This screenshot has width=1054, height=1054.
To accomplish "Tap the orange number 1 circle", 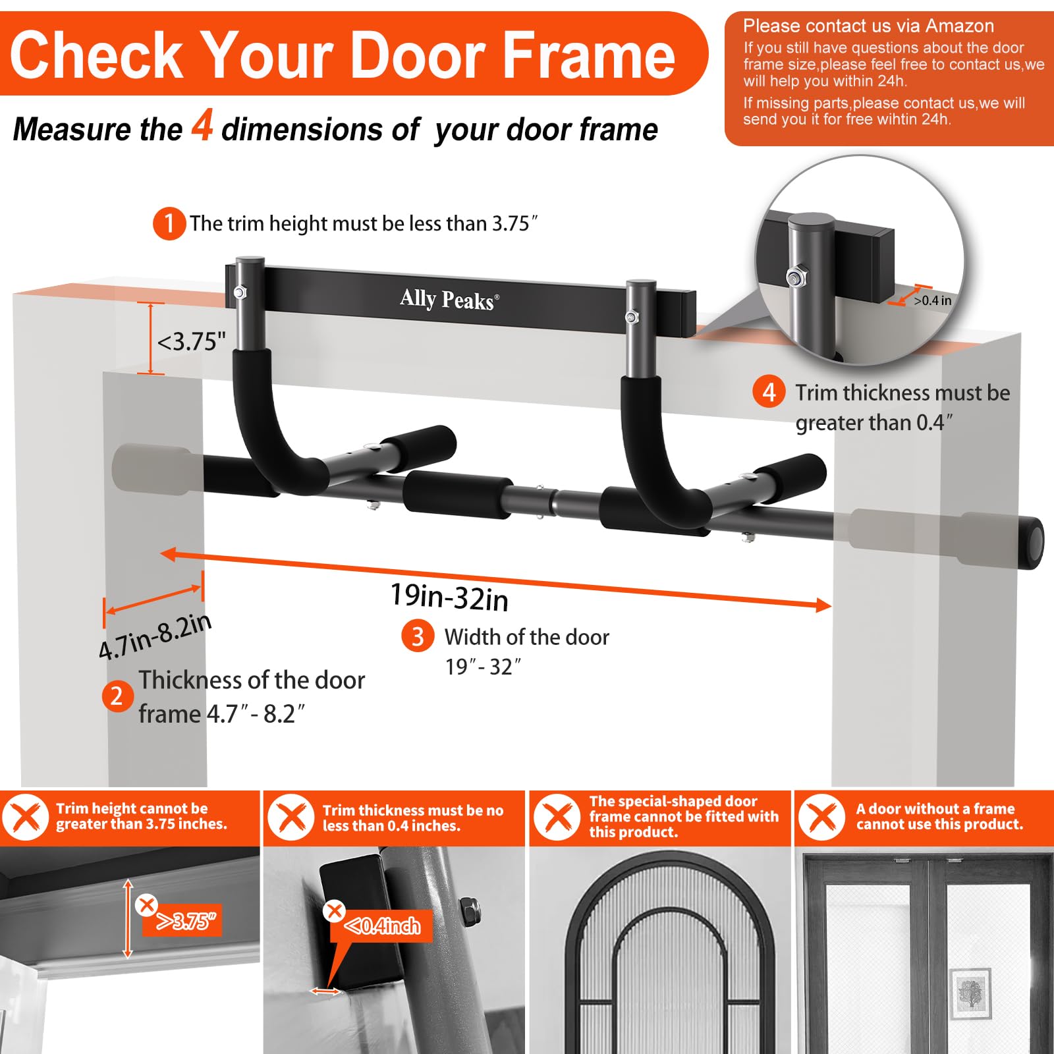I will (169, 223).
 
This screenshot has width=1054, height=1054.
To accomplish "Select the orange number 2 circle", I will (117, 696).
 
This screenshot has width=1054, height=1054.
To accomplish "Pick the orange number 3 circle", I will (418, 636).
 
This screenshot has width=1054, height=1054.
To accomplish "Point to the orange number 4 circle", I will (769, 392).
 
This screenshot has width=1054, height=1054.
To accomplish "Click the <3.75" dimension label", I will (191, 341).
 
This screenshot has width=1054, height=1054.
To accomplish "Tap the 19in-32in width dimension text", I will (449, 597).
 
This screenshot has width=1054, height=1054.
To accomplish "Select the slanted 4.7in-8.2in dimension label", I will (155, 636).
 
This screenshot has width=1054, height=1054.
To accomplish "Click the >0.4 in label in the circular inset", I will (932, 300).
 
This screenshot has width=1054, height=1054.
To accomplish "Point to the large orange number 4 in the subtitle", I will (202, 125).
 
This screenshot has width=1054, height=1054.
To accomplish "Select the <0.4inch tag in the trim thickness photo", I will (383, 926).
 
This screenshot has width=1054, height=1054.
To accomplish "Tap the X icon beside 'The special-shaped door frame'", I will (557, 818).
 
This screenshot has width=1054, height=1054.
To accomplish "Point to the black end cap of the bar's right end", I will (1032, 541).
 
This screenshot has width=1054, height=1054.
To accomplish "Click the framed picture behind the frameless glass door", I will (970, 993).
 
